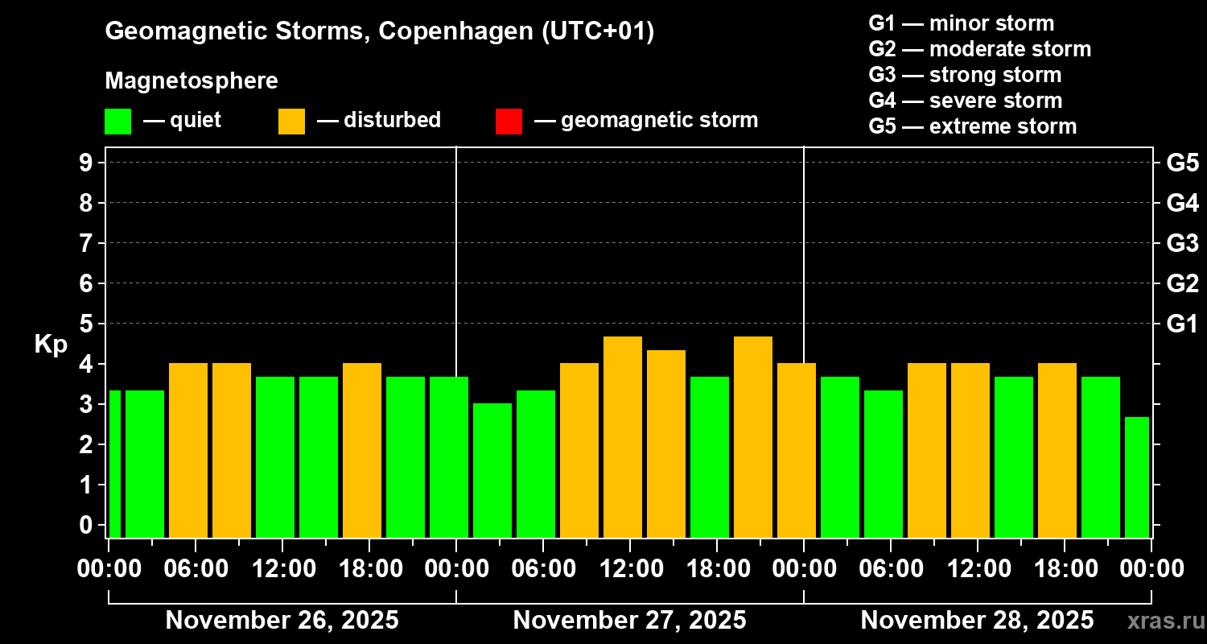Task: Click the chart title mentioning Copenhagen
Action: click(379, 31)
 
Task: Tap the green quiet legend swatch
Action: click(117, 121)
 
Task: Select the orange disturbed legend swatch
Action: click(291, 121)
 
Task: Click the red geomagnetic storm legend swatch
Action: click(509, 121)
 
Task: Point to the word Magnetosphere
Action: click(192, 81)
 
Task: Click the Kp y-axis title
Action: click(51, 344)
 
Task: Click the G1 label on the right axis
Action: click(1182, 324)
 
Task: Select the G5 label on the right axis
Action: click(1182, 163)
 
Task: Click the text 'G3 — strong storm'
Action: click(965, 75)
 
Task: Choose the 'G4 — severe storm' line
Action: click(965, 101)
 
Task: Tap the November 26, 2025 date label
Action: click(282, 620)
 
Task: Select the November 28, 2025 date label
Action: click(977, 620)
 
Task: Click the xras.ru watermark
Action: click(1164, 620)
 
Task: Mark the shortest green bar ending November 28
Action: click(1137, 477)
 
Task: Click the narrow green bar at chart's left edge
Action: click(114, 464)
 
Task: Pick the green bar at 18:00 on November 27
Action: click(710, 456)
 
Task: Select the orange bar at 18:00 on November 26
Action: click(362, 450)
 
